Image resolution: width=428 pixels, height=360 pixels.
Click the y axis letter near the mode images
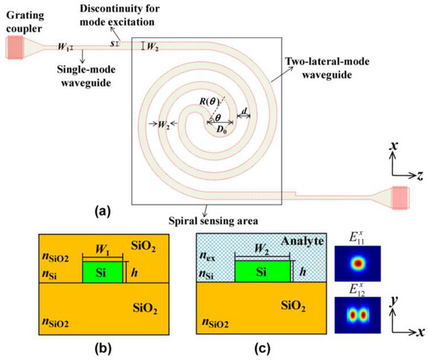pos(398,297)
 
